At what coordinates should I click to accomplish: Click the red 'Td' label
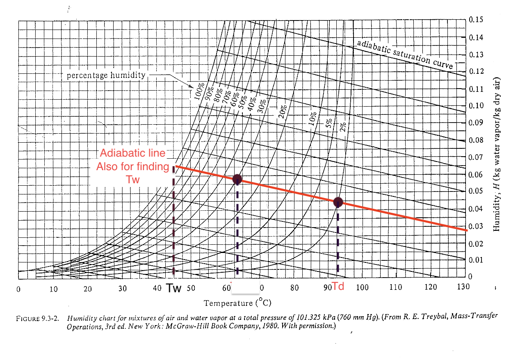pos(338,286)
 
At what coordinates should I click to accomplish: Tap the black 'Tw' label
pos(173,288)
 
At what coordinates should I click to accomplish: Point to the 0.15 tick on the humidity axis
pos(477,20)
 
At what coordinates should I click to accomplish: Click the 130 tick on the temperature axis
pos(463,287)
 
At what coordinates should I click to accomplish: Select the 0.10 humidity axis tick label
pos(477,105)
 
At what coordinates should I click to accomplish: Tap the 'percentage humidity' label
pos(106,75)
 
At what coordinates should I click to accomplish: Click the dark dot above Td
pos(338,202)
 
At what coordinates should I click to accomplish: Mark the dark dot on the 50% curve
pos(237,179)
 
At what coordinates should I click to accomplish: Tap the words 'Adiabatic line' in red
pos(133,153)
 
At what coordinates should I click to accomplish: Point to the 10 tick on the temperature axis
pos(53,289)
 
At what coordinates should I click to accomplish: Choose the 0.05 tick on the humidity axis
pos(477,191)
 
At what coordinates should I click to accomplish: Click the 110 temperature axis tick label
pos(396,287)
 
